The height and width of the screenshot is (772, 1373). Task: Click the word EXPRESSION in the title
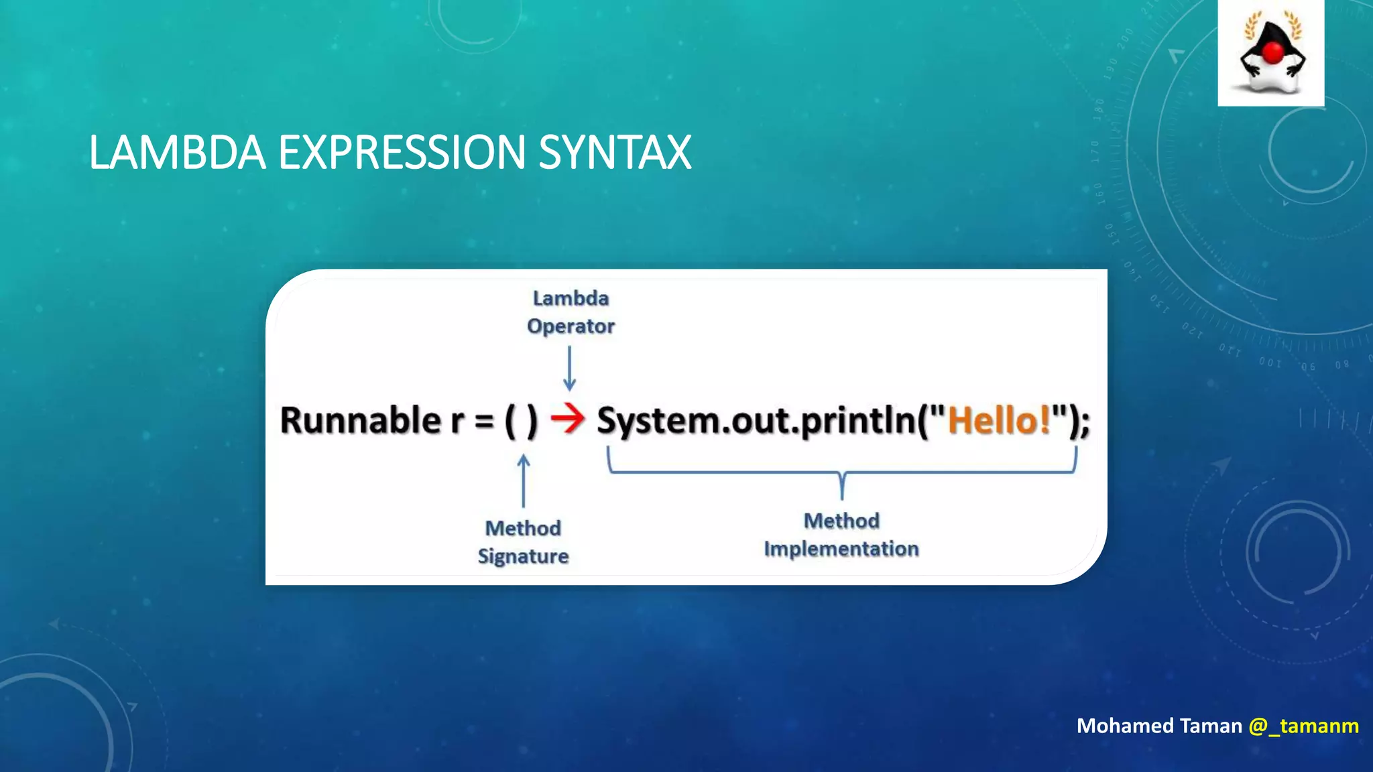point(401,152)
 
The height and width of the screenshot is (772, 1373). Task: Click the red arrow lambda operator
point(567,420)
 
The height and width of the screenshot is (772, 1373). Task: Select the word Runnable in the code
point(360,420)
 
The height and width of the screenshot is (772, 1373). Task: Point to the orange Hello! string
point(998,420)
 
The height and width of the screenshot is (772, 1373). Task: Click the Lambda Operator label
point(571,312)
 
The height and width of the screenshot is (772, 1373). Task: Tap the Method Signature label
point(523,541)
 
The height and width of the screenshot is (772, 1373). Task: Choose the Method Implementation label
point(841,534)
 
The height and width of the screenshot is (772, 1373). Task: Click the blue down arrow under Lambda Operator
point(569,368)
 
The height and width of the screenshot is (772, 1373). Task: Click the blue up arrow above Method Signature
point(524,481)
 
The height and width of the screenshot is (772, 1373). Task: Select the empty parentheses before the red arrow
point(521,422)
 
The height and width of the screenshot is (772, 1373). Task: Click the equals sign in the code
point(484,422)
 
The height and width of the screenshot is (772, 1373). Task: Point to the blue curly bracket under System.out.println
point(842,472)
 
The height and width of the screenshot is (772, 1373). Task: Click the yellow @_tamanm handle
point(1303,726)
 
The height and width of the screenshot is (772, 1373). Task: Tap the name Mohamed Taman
point(1159,726)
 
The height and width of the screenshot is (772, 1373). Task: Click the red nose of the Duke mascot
point(1272,52)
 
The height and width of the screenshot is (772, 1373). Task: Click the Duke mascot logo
point(1271,54)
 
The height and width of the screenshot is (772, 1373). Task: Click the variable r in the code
point(457,422)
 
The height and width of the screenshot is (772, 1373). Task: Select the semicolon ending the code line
point(1085,424)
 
